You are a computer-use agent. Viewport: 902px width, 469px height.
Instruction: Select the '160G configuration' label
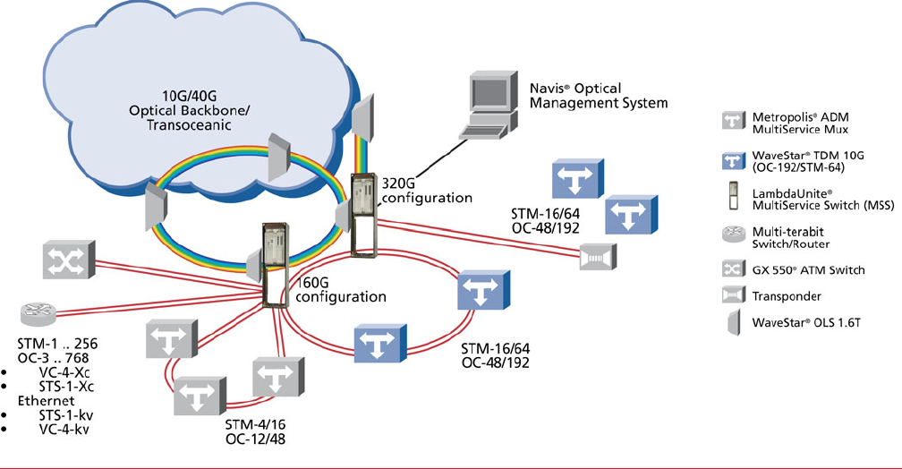tap(328, 290)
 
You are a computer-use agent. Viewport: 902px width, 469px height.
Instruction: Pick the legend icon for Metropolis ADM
tap(733, 120)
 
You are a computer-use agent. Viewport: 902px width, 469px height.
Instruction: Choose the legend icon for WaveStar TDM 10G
tap(733, 160)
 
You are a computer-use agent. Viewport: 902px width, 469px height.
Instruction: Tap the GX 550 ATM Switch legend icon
tap(733, 268)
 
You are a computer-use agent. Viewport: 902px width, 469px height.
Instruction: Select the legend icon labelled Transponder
tap(733, 295)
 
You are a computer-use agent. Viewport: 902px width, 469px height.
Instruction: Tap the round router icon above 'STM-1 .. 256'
tap(38, 315)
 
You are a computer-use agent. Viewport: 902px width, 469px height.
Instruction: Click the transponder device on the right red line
tap(594, 258)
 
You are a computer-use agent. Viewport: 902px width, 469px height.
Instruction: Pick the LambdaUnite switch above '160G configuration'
tap(274, 261)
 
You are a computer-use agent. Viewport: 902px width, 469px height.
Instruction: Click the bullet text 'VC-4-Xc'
tap(59, 371)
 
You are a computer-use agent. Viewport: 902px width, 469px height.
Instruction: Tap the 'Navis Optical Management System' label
tap(599, 96)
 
